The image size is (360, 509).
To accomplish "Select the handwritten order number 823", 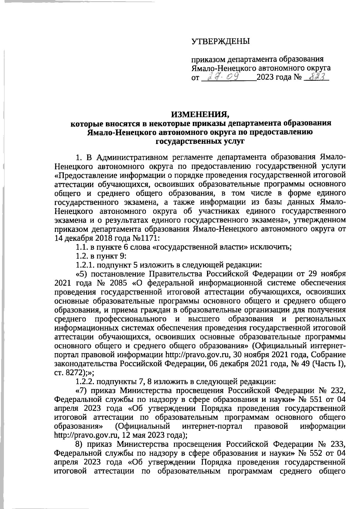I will (x=316, y=77).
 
